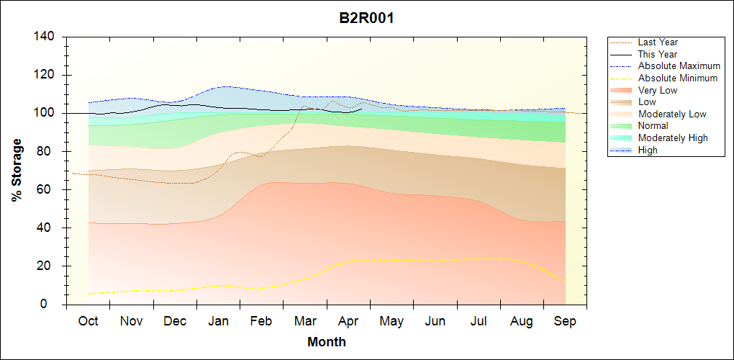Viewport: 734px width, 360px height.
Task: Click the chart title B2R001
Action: click(x=366, y=18)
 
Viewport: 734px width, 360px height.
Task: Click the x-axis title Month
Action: click(x=327, y=342)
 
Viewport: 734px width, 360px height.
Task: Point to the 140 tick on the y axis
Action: click(x=47, y=37)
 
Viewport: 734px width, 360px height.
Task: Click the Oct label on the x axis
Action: click(x=89, y=321)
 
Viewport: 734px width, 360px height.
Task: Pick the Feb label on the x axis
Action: click(x=261, y=321)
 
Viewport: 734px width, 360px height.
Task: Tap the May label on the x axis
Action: click(x=391, y=321)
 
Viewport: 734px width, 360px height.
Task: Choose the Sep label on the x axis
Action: click(x=565, y=321)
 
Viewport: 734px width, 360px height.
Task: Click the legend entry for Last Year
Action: click(x=658, y=42)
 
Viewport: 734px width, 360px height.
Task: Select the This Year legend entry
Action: click(x=657, y=54)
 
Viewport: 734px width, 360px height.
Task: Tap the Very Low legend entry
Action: click(x=658, y=90)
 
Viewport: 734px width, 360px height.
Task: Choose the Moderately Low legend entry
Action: click(x=672, y=114)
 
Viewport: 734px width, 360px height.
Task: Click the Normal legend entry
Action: click(x=653, y=126)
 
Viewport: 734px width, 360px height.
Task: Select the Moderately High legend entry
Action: click(x=673, y=138)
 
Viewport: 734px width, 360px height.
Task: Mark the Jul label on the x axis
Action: click(x=479, y=321)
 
